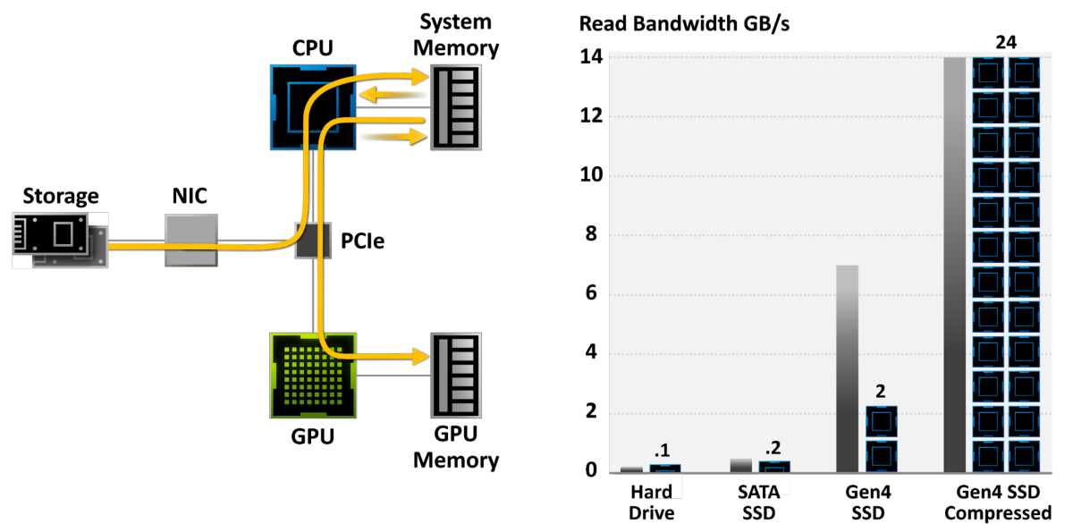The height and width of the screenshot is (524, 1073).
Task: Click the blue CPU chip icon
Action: [313, 107]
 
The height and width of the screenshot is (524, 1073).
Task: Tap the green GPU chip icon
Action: [313, 376]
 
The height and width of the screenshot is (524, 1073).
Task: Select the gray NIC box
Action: [191, 240]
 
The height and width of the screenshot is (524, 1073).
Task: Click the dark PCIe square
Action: [313, 241]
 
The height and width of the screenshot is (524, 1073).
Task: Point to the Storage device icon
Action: [60, 240]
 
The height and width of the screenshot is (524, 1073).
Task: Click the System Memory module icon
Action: [455, 107]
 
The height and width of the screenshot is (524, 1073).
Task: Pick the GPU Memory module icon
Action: [455, 376]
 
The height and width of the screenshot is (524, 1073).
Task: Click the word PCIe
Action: [362, 241]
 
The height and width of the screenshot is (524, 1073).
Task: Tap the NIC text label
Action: [190, 196]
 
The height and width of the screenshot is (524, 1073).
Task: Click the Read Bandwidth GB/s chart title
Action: [685, 24]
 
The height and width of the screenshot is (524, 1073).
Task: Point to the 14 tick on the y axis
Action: [591, 57]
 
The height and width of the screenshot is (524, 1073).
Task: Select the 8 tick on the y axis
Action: [591, 234]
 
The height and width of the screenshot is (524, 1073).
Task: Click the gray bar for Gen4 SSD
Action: [847, 368]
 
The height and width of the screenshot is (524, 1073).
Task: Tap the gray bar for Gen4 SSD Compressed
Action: [955, 265]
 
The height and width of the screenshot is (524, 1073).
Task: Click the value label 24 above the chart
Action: [1006, 43]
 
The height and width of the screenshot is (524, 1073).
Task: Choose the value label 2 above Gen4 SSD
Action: [881, 392]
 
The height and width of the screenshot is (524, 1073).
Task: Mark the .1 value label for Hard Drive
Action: [663, 451]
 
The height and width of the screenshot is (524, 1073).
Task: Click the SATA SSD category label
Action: [759, 503]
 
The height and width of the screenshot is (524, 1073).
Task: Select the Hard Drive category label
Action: [652, 503]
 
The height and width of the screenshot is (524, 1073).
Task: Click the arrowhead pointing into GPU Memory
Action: [420, 357]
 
